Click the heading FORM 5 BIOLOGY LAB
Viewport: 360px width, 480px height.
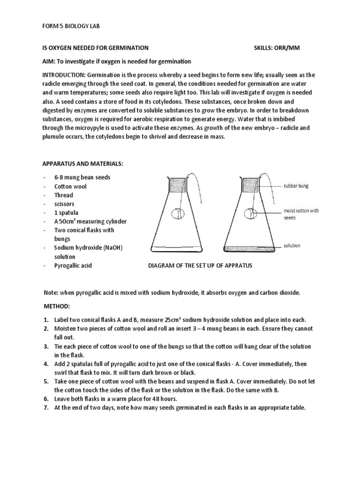[x=71, y=27]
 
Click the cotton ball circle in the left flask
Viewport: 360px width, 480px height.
[x=178, y=214]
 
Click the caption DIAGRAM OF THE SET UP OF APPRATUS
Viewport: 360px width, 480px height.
[x=200, y=266]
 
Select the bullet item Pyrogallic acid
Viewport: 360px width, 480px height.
[x=73, y=266]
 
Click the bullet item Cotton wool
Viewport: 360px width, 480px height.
[x=70, y=186]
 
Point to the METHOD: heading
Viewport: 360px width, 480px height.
[x=56, y=306]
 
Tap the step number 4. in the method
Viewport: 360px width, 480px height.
[x=46, y=364]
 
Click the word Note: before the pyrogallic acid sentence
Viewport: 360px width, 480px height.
[x=50, y=292]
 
